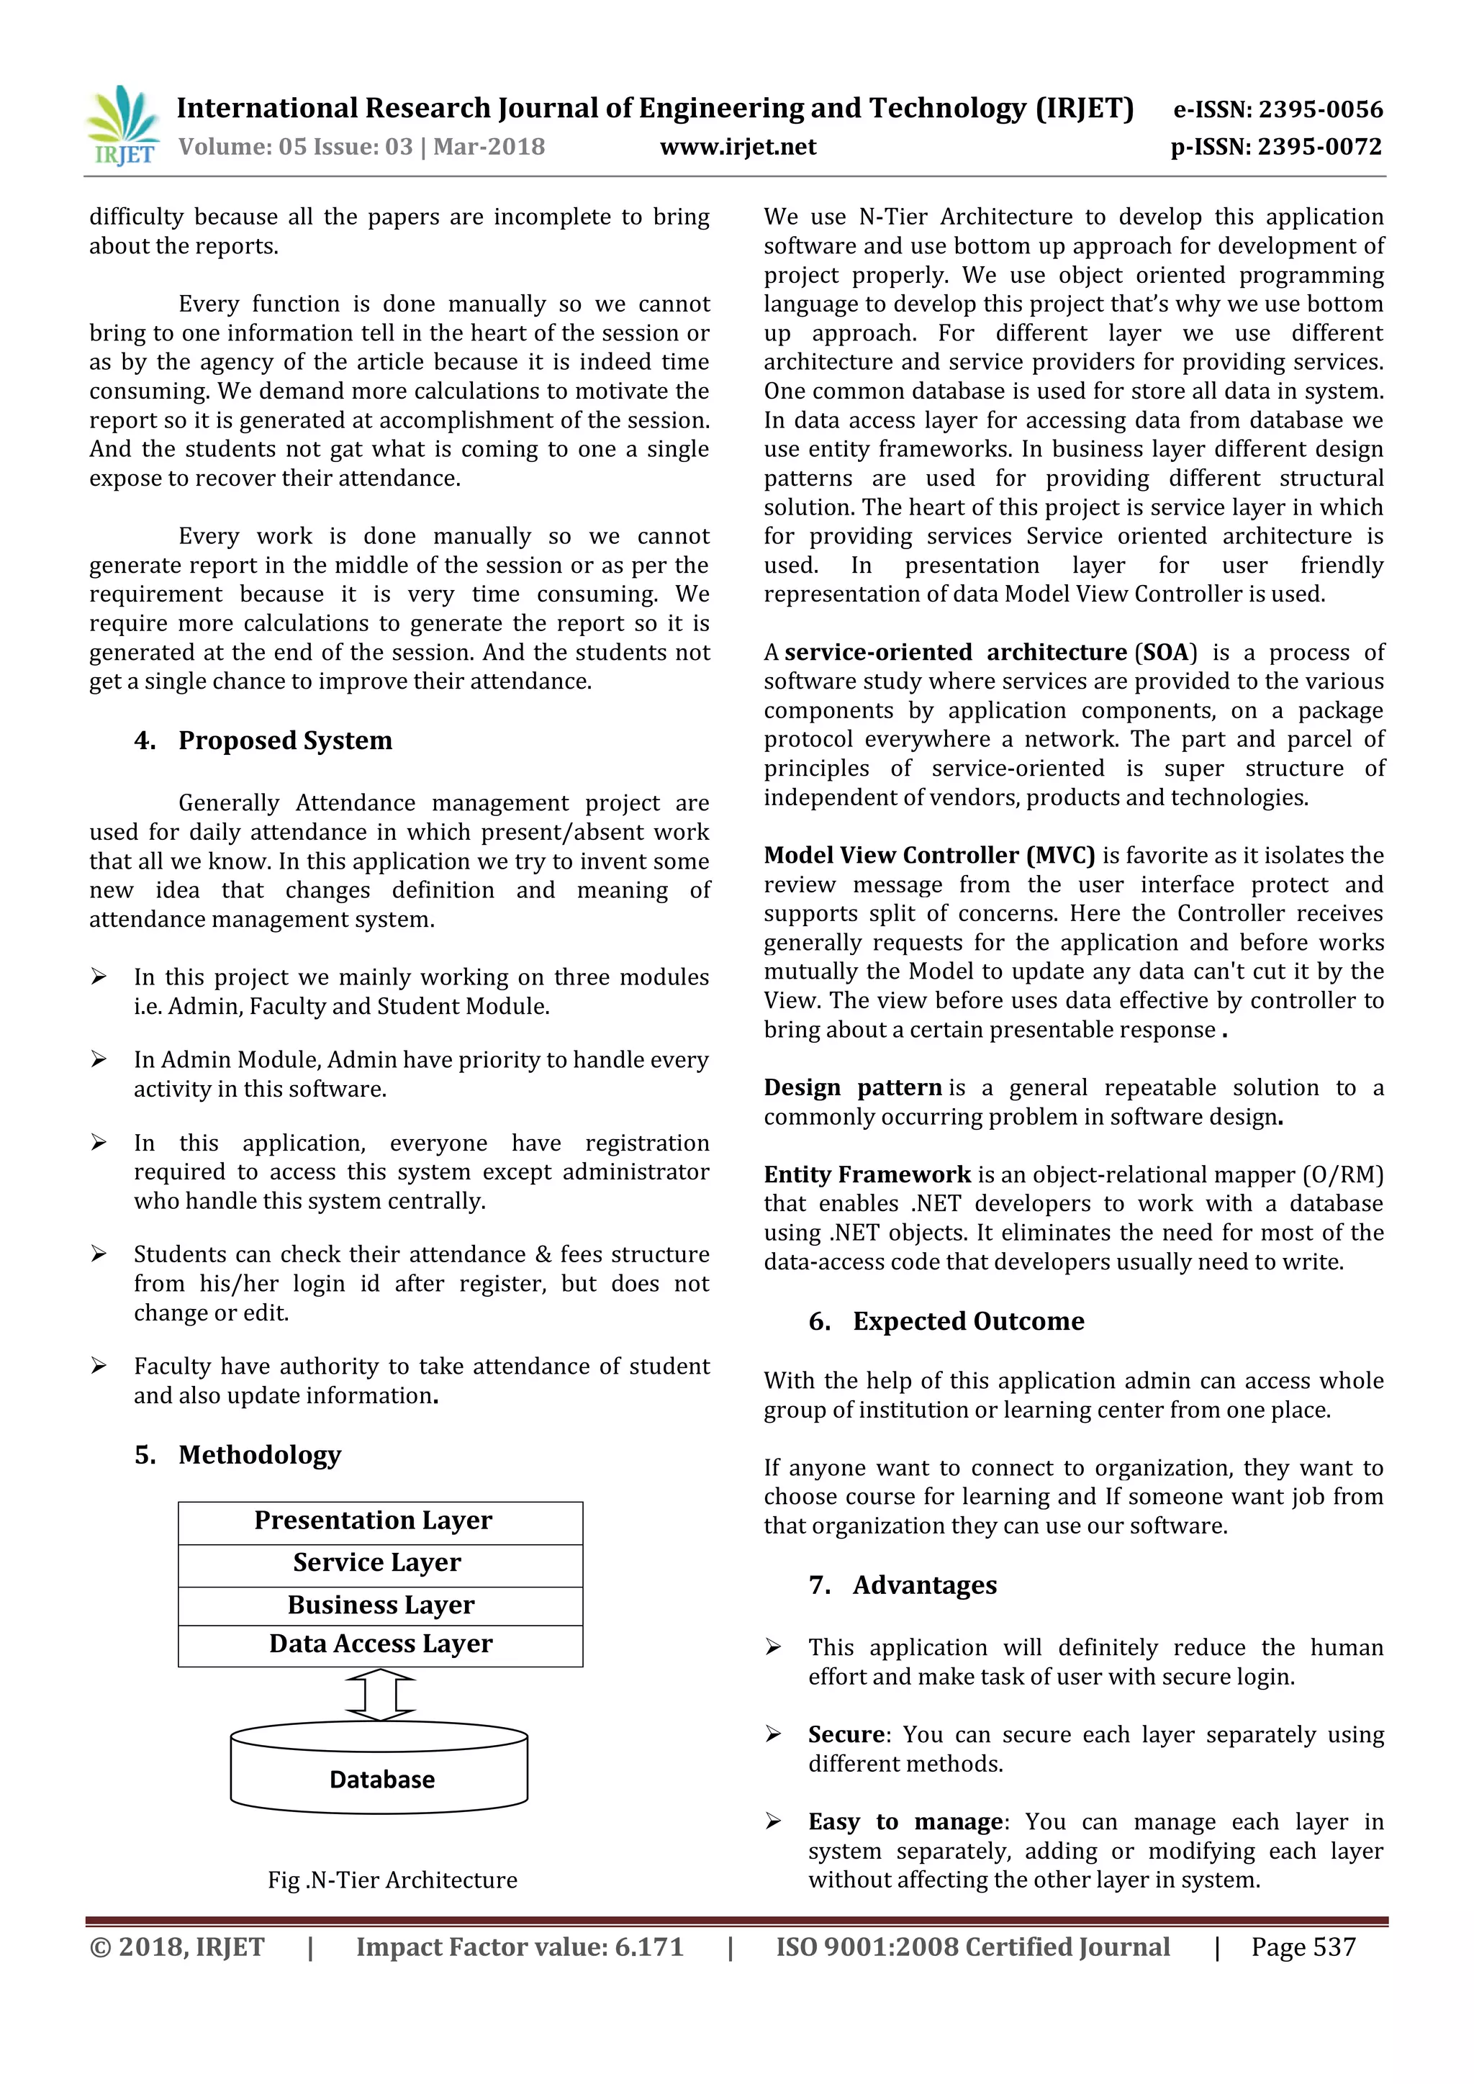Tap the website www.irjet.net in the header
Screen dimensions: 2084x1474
[737, 147]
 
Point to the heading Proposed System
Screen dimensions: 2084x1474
[285, 740]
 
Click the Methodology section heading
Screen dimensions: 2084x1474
[260, 1455]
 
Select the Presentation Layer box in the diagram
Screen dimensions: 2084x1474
[380, 1521]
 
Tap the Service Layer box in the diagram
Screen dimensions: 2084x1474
[380, 1563]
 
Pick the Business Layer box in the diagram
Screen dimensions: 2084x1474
[380, 1605]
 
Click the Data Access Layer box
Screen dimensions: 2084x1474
[380, 1645]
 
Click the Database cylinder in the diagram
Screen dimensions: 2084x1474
[380, 1778]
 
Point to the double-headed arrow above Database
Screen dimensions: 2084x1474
[380, 1695]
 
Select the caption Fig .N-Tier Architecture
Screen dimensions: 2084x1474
[392, 1880]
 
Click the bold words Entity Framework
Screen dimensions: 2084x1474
[867, 1174]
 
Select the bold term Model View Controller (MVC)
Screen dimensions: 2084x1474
[928, 855]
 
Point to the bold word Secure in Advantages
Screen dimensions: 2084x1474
[846, 1734]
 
